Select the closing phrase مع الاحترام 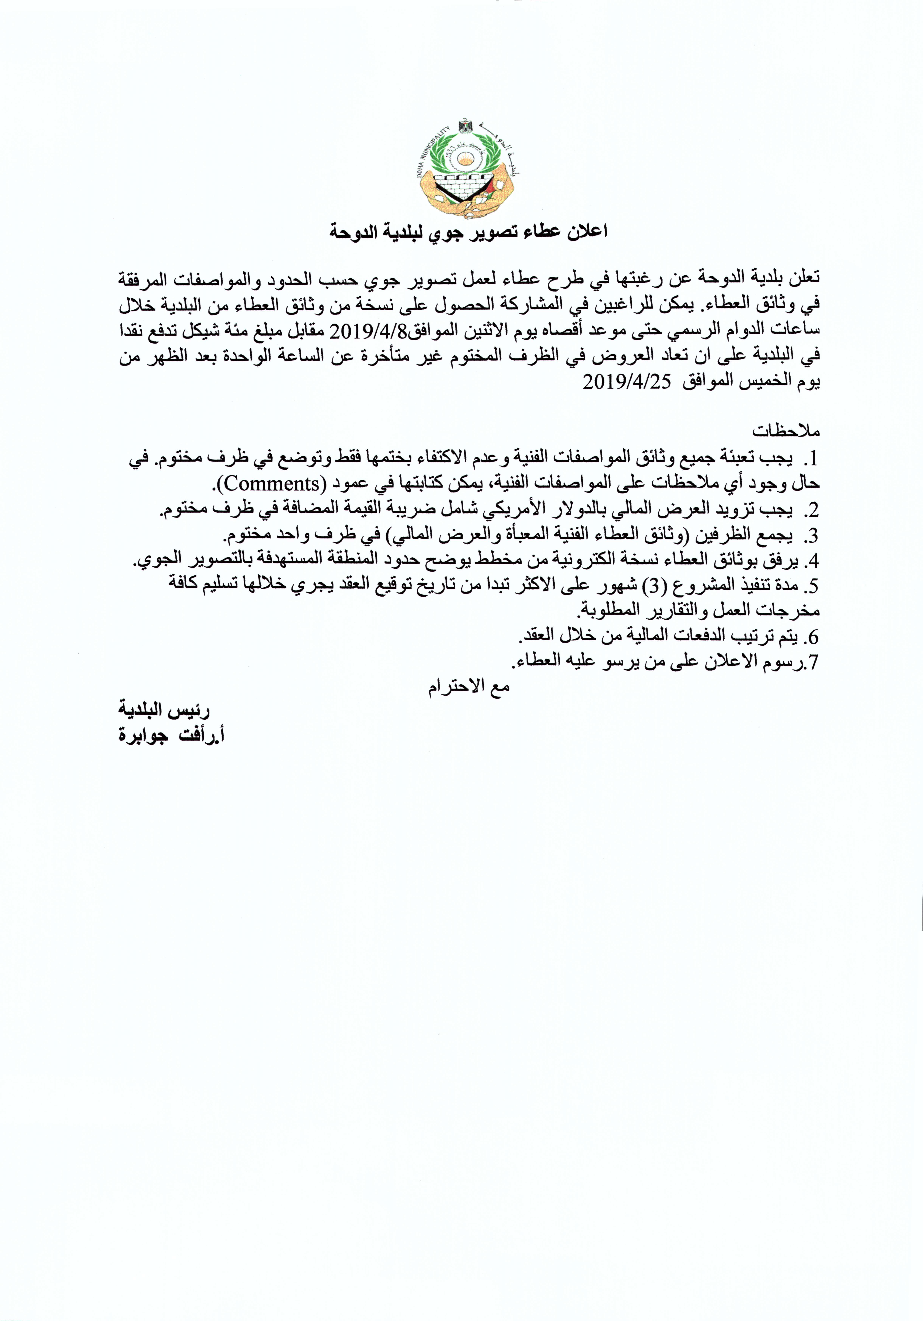click(x=469, y=688)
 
